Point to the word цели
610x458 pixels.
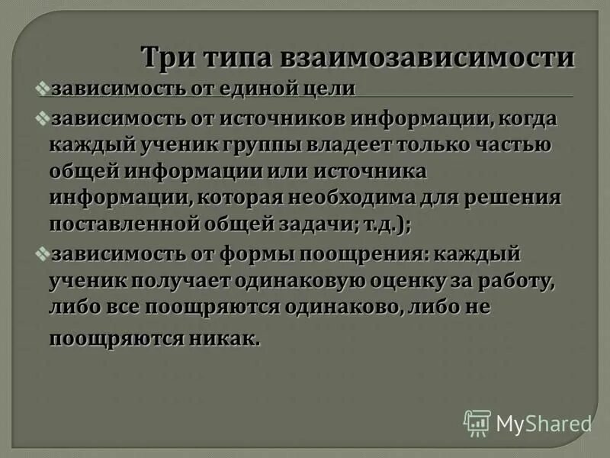(x=330, y=89)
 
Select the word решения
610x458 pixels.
(x=521, y=198)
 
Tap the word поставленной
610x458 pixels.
(x=127, y=225)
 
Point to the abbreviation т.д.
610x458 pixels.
(x=380, y=225)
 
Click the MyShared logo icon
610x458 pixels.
(x=477, y=422)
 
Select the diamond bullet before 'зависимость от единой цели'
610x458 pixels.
(x=43, y=89)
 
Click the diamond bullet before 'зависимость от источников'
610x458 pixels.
(x=43, y=120)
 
